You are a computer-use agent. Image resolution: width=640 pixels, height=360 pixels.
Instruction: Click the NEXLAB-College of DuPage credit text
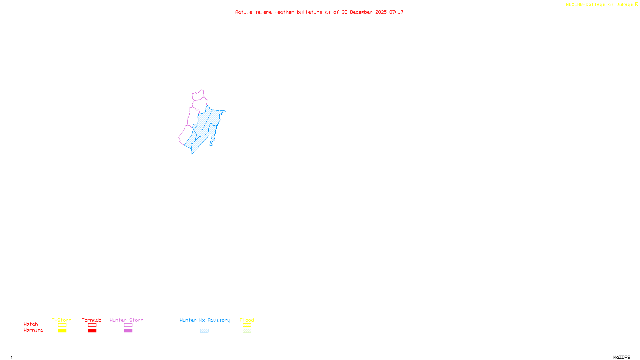[599, 5]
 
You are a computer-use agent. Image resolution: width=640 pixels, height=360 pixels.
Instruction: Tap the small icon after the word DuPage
[636, 4]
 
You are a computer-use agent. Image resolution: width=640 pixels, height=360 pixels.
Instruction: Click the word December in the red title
[361, 12]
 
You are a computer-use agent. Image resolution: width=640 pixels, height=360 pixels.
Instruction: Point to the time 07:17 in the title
[396, 12]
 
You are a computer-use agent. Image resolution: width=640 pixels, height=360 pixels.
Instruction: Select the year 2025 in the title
[381, 12]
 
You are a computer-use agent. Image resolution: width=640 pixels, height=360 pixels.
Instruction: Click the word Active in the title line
[244, 12]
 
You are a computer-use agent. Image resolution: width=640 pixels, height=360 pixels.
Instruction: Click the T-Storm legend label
[62, 320]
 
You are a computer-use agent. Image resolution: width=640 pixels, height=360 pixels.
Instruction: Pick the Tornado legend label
[92, 320]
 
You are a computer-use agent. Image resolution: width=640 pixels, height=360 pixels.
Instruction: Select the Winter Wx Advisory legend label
[205, 320]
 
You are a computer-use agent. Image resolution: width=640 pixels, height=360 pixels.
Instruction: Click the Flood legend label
[247, 320]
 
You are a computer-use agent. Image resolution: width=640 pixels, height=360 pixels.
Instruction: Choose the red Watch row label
[31, 324]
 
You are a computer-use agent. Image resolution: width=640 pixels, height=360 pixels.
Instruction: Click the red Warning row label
[34, 330]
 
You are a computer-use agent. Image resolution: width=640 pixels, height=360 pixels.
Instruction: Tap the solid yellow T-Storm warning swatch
[62, 331]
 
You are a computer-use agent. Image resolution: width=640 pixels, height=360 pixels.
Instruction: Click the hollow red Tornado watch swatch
[92, 325]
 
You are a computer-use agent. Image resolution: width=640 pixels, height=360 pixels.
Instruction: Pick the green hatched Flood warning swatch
[247, 331]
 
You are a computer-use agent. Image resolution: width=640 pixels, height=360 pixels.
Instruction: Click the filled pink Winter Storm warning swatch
[128, 331]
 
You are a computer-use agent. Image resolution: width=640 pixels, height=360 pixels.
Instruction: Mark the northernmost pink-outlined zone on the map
[198, 95]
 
